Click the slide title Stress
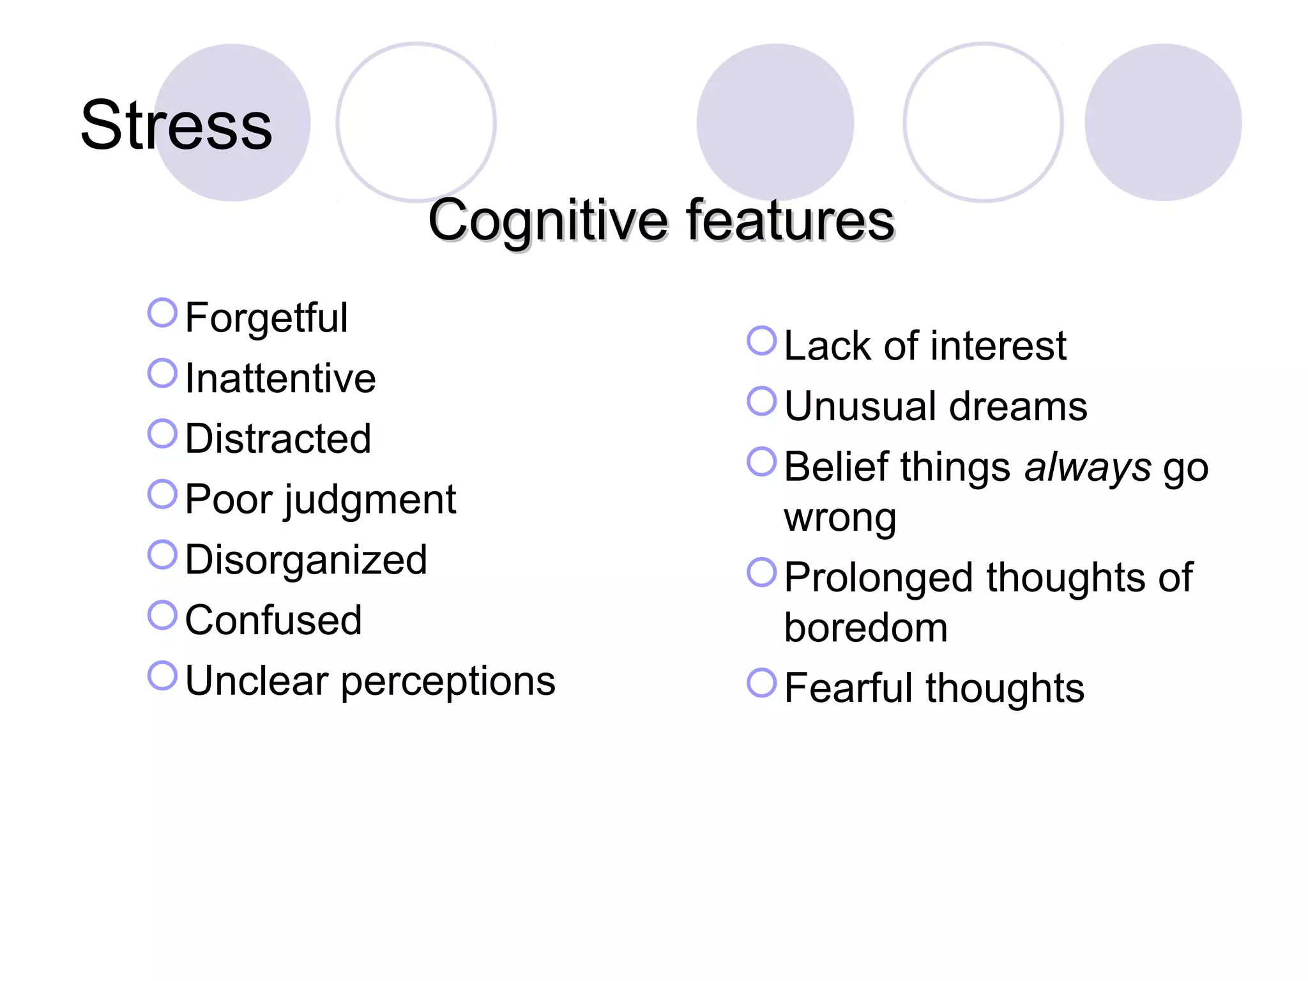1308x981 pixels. coord(176,126)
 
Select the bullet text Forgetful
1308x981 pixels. coord(266,317)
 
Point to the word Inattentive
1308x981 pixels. coord(280,378)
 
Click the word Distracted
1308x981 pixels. coord(278,439)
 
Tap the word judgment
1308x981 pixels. coord(370,500)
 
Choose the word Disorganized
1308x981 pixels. coord(306,560)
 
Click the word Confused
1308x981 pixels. coord(273,620)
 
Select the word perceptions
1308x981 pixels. coord(448,681)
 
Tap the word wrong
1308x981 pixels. coord(840,517)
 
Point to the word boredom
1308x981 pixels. coord(865,628)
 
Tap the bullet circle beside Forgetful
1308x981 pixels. coord(162,313)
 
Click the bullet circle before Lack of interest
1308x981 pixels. coord(761,341)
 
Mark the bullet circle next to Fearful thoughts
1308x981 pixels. coord(761,683)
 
